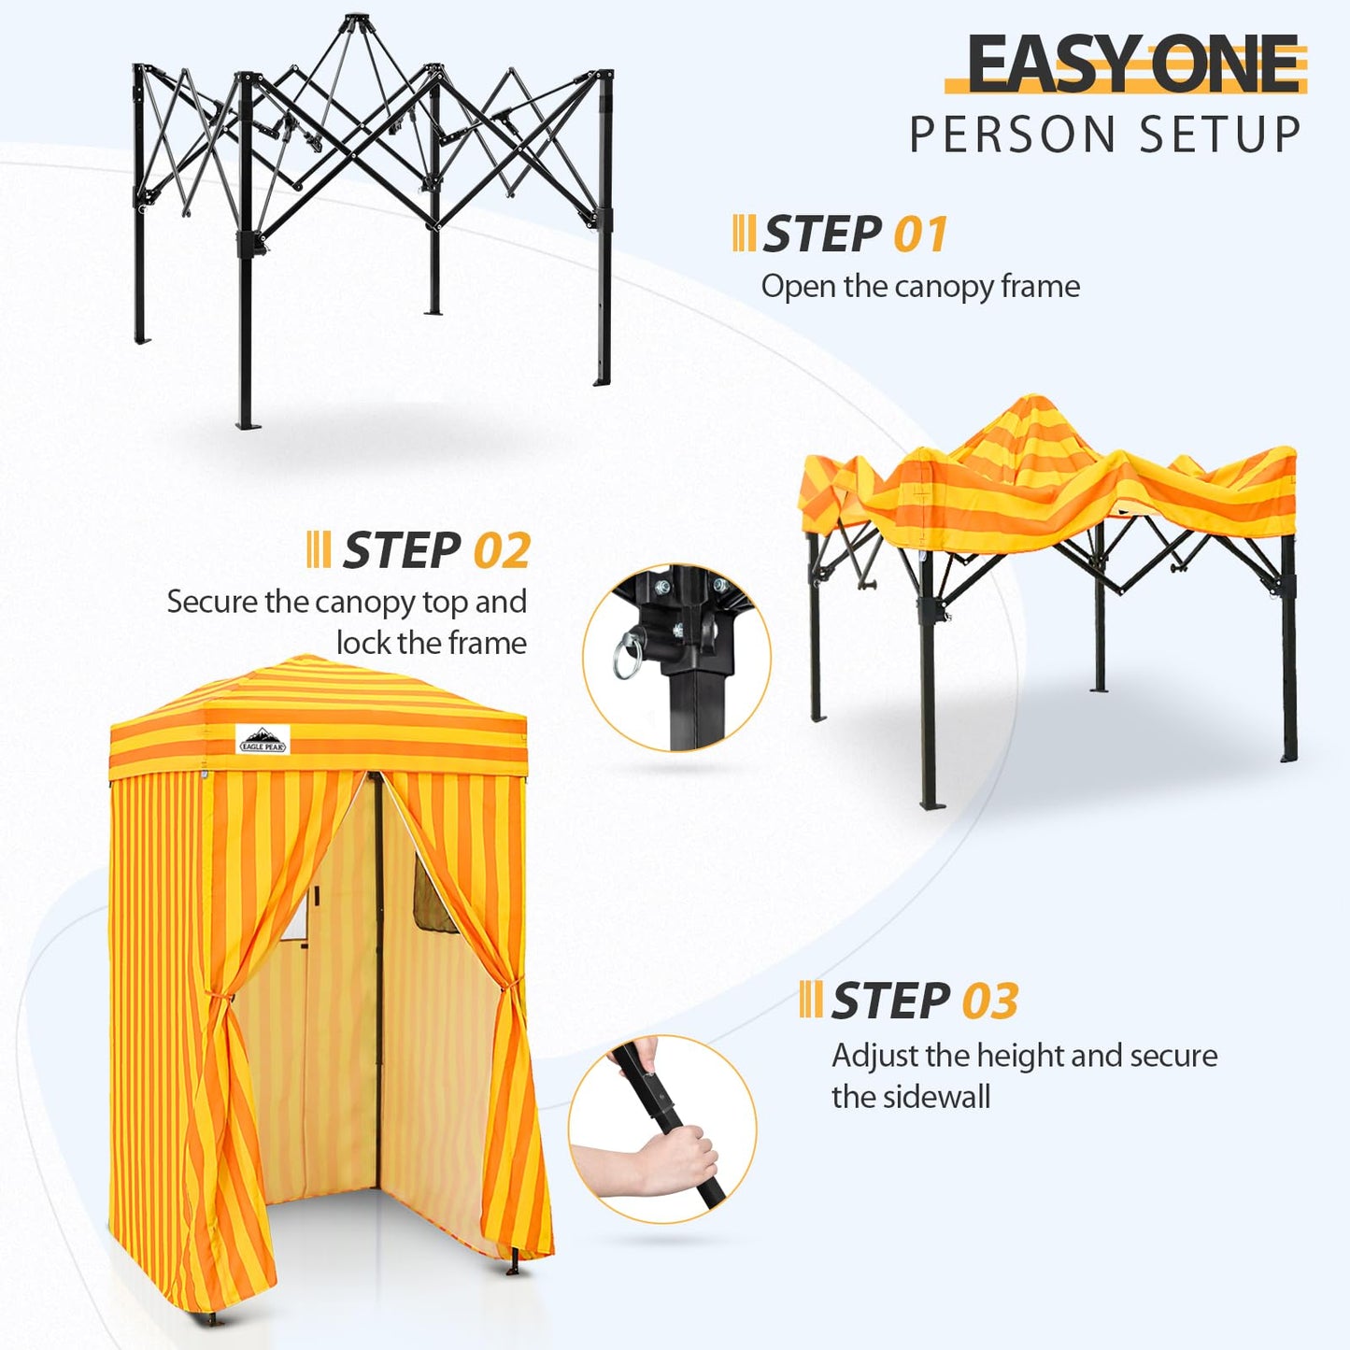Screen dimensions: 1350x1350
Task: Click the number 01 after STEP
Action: pyautogui.click(x=920, y=234)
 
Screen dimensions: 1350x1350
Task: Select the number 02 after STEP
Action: pyautogui.click(x=502, y=550)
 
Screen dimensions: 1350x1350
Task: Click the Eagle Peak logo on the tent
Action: pyautogui.click(x=263, y=740)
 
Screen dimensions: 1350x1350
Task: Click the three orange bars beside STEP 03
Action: pyautogui.click(x=810, y=1000)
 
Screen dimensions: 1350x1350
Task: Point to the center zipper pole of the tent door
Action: pyautogui.click(x=379, y=981)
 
